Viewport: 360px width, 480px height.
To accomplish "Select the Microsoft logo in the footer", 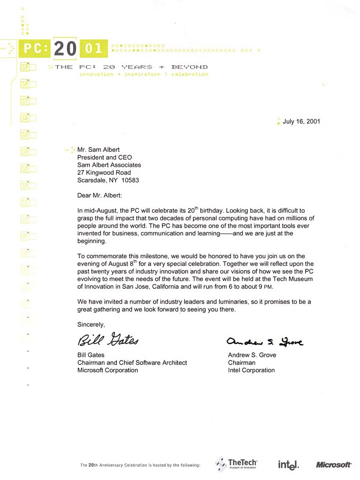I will [334, 465].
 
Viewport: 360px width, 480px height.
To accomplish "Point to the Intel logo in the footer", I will [288, 465].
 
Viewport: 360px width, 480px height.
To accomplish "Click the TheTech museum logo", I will [236, 464].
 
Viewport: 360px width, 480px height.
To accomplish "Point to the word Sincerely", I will [91, 324].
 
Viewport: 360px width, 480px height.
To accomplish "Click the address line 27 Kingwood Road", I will [104, 172].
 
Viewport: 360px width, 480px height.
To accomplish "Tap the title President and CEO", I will [104, 157].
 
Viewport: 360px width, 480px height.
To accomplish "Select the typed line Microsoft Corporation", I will [108, 370].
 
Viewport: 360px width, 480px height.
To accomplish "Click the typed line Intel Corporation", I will [251, 370].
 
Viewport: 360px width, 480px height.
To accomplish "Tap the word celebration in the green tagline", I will [189, 74].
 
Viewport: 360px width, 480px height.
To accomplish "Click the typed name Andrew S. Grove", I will [252, 355].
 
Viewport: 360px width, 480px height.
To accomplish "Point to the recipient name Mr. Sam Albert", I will [99, 149].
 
